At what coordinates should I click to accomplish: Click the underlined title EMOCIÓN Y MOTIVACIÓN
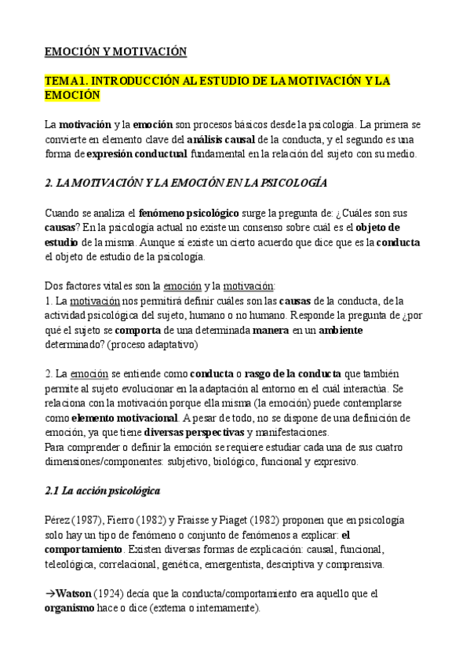(x=115, y=52)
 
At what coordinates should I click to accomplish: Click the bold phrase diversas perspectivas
(x=194, y=433)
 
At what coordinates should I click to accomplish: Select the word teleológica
(x=70, y=565)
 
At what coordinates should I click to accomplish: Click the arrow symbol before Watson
(x=49, y=594)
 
